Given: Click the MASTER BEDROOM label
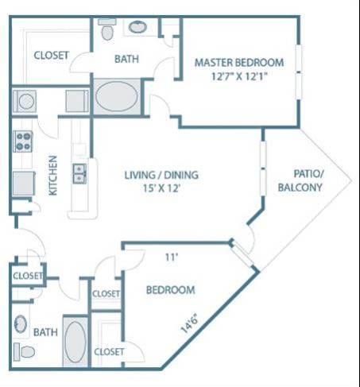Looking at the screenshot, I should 238,62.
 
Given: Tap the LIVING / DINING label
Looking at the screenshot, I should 162,175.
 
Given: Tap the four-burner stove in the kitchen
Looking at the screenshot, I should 22,141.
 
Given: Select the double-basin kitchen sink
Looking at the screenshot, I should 79,172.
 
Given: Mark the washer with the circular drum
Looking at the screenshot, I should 25,102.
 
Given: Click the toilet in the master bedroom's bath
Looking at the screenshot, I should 108,31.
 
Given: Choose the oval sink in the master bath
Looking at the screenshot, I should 137,27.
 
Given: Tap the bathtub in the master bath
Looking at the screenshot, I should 117,99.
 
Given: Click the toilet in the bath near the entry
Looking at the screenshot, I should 26,350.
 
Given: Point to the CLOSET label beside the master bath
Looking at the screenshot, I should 51,55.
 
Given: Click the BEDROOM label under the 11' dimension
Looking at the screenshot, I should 170,290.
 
